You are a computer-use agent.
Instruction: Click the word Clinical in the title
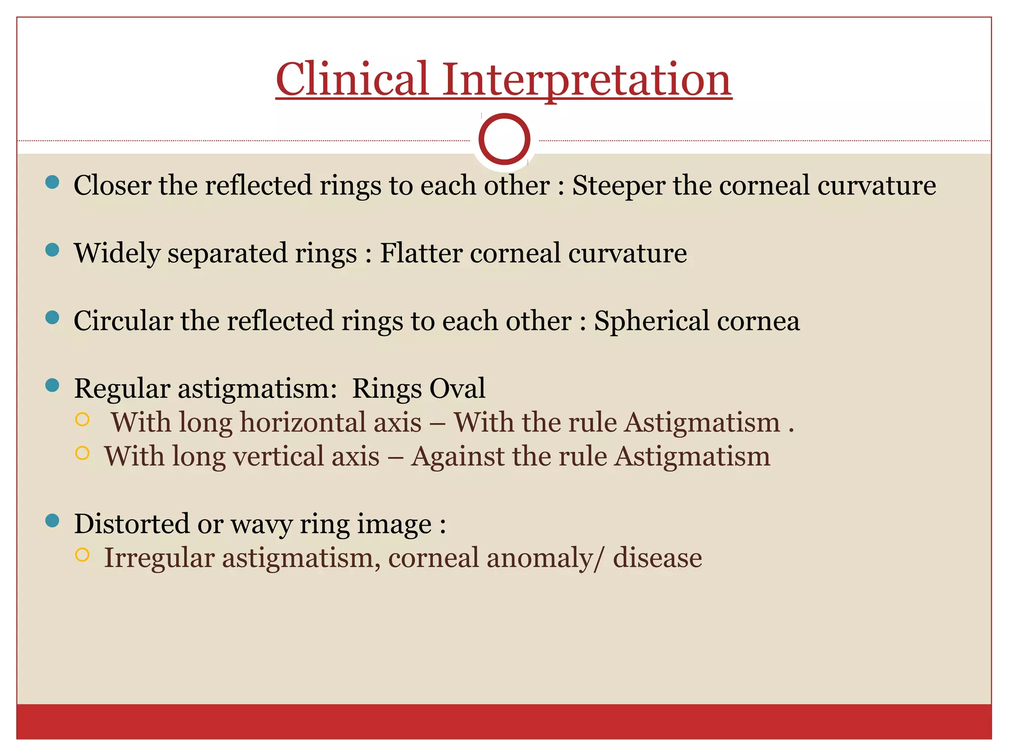tap(352, 80)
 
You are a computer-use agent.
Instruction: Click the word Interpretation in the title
tap(586, 80)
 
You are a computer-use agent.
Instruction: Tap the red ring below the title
tap(504, 139)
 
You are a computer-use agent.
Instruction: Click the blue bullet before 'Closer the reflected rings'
tap(52, 183)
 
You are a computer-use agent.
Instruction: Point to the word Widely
tap(117, 254)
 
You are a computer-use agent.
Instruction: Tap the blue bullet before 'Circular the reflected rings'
tap(52, 318)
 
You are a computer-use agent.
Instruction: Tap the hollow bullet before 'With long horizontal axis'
tap(82, 419)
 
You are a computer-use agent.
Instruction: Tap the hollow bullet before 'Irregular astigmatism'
tap(82, 555)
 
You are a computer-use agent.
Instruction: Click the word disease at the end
tap(657, 558)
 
